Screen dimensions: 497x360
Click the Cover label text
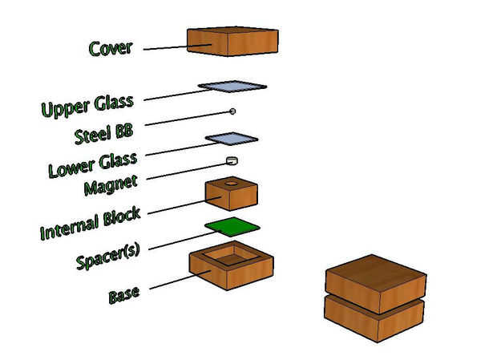pyautogui.click(x=111, y=48)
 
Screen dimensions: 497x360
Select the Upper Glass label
pyautogui.click(x=87, y=106)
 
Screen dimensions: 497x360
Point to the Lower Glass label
pyautogui.click(x=92, y=164)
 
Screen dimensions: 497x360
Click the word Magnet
pyautogui.click(x=111, y=184)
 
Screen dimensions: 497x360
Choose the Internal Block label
pyautogui.click(x=91, y=222)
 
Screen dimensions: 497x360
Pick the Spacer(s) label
pyautogui.click(x=107, y=256)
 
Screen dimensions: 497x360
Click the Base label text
pyautogui.click(x=123, y=295)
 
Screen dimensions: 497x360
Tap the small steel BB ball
pyautogui.click(x=232, y=111)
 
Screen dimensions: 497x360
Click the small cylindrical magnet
pyautogui.click(x=232, y=160)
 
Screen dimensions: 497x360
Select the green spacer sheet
pyautogui.click(x=232, y=227)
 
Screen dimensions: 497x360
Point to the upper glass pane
pyautogui.click(x=232, y=87)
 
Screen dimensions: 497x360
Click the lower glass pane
pyautogui.click(x=232, y=139)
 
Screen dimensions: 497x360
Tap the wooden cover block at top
pyautogui.click(x=232, y=42)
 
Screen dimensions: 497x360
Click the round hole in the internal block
pyautogui.click(x=231, y=183)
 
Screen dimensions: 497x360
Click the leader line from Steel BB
pyautogui.click(x=188, y=118)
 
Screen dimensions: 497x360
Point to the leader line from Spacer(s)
pyautogui.click(x=182, y=241)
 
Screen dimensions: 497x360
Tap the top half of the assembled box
pyautogui.click(x=376, y=284)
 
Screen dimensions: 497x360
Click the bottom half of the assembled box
pyautogui.click(x=374, y=319)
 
